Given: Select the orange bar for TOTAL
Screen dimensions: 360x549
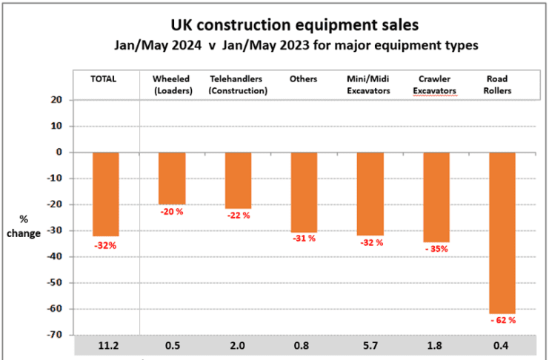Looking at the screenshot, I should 106,193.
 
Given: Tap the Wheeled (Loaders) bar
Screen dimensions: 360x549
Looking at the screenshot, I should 172,178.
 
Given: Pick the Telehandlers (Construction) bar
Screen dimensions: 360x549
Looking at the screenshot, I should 238,180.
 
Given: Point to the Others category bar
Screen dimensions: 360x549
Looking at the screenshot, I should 304,192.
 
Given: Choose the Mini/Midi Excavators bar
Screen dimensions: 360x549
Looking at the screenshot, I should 370,193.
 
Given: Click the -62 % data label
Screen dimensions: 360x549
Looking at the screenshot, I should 502,320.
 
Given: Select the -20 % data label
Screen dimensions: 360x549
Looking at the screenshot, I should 172,212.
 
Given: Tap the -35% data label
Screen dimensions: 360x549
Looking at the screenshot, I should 436,250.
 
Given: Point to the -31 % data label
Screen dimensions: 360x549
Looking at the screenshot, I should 304,239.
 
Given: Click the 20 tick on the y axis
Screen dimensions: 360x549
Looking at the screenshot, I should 56,100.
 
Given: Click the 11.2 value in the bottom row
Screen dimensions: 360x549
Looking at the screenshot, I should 106,346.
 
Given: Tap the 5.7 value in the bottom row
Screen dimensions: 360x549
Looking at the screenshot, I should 370,346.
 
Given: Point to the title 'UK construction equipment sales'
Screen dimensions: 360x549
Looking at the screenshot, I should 295,25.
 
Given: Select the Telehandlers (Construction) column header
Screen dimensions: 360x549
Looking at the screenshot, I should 238,84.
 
